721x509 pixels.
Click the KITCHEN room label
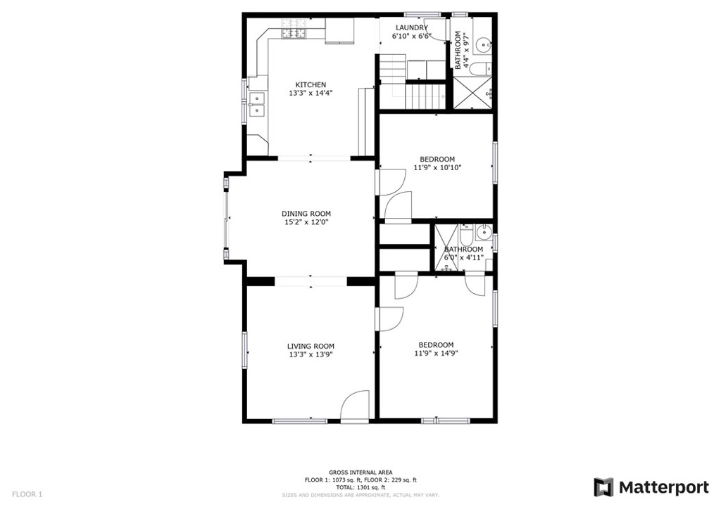click(x=311, y=85)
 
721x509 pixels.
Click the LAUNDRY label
click(x=411, y=28)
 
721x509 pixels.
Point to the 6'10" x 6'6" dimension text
click(x=411, y=37)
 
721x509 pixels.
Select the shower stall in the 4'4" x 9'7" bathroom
click(x=472, y=93)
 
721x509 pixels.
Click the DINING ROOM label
click(x=306, y=214)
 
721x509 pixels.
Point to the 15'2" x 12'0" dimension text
click(x=306, y=222)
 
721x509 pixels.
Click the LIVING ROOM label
click(x=311, y=346)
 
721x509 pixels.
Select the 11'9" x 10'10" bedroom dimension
click(x=437, y=168)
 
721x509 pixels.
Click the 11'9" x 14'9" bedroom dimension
click(x=436, y=354)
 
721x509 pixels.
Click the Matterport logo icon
click(x=603, y=487)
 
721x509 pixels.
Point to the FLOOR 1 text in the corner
click(x=27, y=494)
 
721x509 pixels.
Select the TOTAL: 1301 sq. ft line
click(x=360, y=487)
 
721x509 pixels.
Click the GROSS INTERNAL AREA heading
click(x=360, y=472)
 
